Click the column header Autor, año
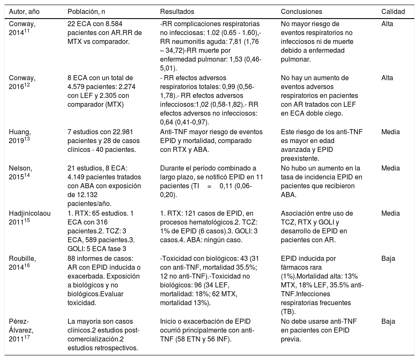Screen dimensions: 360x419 point(25,11)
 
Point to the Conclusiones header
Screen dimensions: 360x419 point(301,11)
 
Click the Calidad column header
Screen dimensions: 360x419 point(393,11)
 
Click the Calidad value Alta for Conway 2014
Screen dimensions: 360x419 point(387,24)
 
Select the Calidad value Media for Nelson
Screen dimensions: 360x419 point(390,168)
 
